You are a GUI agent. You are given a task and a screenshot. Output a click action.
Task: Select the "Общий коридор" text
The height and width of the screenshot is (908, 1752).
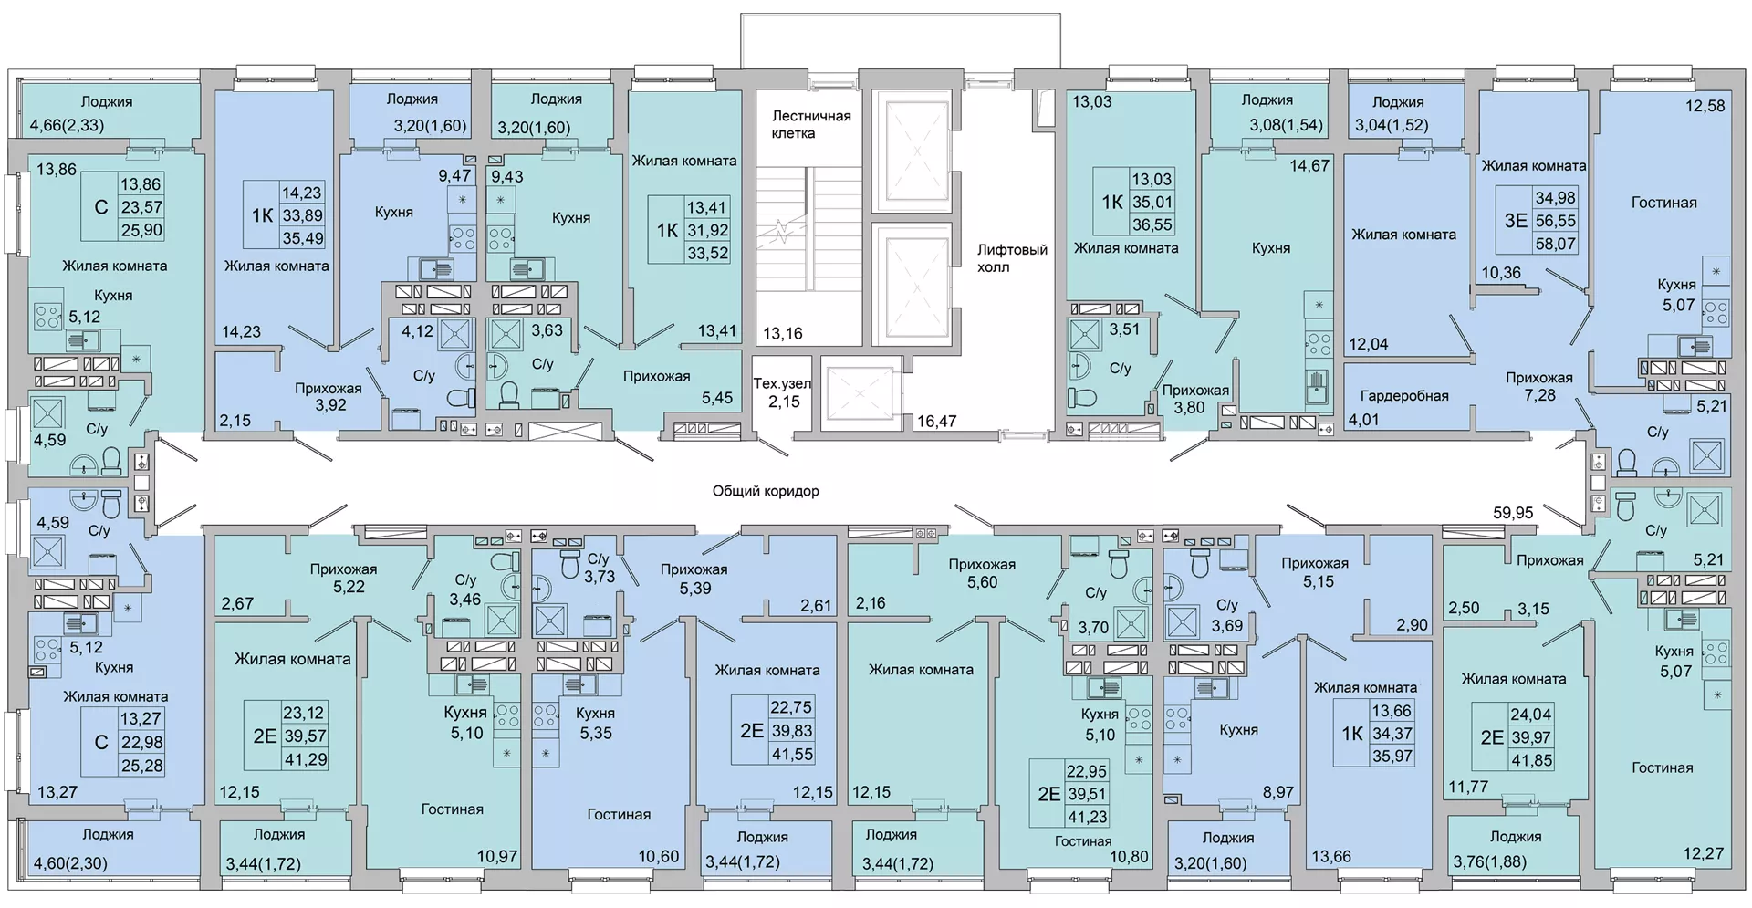(x=766, y=491)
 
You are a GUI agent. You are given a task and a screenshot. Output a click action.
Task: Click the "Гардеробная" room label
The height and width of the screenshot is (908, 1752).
(x=1404, y=396)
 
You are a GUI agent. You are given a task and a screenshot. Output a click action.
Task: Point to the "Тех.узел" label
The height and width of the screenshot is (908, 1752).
(x=782, y=383)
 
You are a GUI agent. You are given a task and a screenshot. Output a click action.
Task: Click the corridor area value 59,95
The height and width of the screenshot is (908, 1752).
(x=1513, y=513)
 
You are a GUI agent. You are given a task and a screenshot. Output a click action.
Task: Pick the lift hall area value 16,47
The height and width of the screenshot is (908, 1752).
(x=937, y=421)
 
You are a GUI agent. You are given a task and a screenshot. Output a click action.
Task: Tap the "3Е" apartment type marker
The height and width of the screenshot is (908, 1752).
(x=1516, y=220)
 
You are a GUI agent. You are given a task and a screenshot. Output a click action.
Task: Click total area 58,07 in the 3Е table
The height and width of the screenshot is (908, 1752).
(x=1556, y=244)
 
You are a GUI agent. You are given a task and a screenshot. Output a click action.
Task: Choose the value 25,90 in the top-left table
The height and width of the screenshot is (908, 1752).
(x=141, y=230)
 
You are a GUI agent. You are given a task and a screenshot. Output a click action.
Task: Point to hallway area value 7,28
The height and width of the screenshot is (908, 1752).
(x=1540, y=395)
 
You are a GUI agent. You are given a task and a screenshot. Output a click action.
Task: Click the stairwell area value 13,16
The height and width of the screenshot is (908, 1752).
(x=783, y=333)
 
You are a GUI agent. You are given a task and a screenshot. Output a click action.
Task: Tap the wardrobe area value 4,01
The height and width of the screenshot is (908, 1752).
(x=1363, y=420)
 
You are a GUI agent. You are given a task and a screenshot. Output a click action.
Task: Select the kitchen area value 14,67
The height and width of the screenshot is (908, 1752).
(x=1309, y=165)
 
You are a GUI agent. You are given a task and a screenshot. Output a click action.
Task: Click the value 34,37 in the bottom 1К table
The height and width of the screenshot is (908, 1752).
(x=1392, y=733)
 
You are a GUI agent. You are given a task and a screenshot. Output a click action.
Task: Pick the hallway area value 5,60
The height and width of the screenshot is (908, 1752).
(x=982, y=581)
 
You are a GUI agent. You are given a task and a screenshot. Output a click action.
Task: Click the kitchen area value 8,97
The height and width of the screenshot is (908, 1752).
(x=1278, y=792)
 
